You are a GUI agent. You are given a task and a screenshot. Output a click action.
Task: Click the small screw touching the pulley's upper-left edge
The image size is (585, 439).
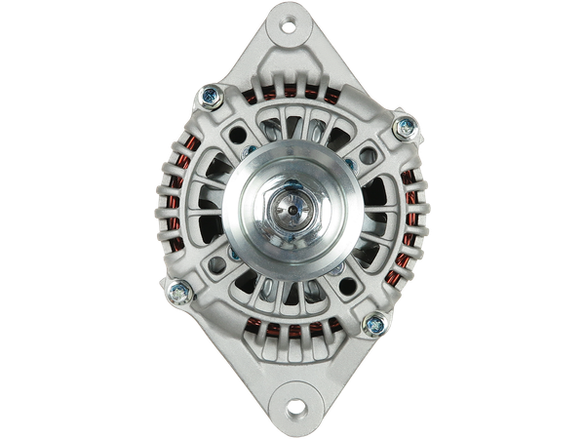(251, 151)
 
